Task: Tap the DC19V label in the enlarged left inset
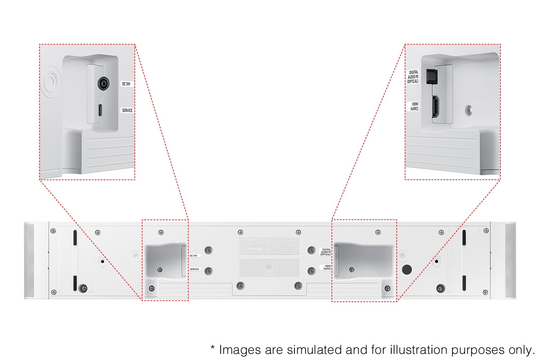click(126, 84)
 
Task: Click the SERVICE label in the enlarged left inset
click(127, 111)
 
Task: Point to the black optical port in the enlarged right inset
click(431, 76)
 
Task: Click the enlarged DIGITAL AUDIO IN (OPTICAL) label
click(413, 77)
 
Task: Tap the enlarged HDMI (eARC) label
click(414, 106)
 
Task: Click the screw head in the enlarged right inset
click(468, 109)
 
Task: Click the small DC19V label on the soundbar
click(193, 256)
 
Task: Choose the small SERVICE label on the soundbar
click(194, 269)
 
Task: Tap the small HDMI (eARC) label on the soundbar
click(327, 267)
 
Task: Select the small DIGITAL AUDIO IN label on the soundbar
click(325, 252)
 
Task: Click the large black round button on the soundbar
click(406, 269)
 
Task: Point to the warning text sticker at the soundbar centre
click(269, 247)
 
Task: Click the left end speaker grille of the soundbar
click(29, 261)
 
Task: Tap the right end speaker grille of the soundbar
click(510, 261)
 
